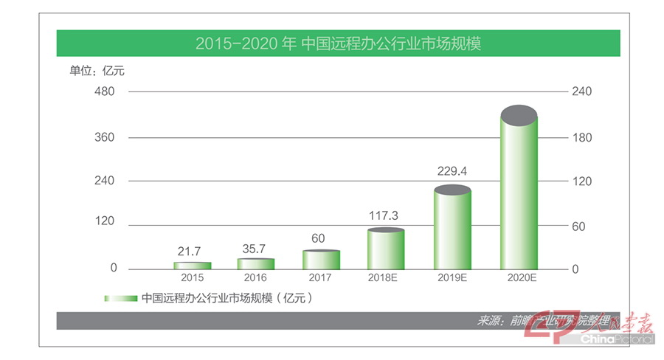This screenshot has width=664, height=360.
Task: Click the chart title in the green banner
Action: pos(339,44)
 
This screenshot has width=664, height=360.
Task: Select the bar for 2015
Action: pos(193,265)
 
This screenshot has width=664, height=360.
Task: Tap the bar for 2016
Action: pos(255,263)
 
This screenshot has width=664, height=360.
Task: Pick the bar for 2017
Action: pos(321,260)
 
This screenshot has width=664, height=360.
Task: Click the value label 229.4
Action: pos(452,172)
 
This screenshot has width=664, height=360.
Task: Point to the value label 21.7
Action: pos(193,250)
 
